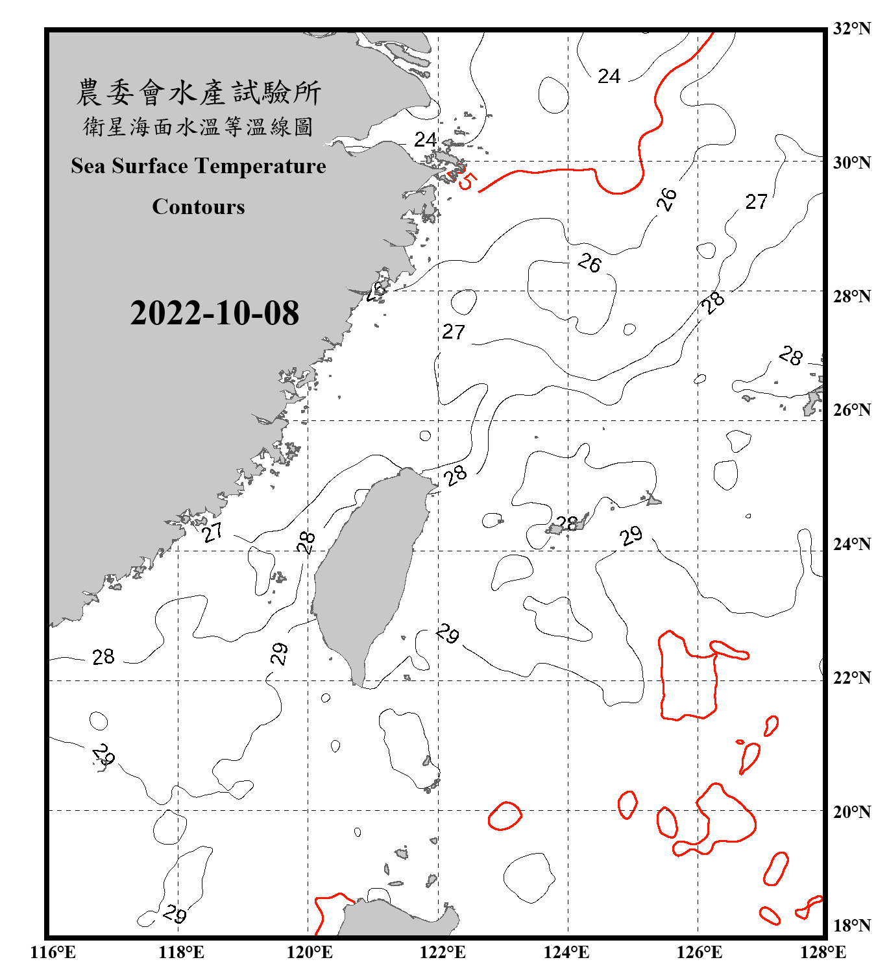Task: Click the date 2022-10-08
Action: (x=214, y=313)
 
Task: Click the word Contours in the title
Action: (x=199, y=206)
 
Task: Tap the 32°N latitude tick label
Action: (x=851, y=29)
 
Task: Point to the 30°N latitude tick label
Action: (x=851, y=163)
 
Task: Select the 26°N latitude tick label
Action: (x=851, y=410)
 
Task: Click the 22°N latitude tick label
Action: (x=851, y=678)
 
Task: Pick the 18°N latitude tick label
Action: (x=851, y=926)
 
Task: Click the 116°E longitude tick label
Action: (x=53, y=952)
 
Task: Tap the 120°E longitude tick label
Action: (x=310, y=952)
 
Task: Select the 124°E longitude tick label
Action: (x=566, y=952)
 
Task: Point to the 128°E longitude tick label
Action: (x=823, y=952)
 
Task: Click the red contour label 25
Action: (x=465, y=178)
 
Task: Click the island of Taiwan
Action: (x=367, y=571)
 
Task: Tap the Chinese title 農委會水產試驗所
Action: (x=199, y=93)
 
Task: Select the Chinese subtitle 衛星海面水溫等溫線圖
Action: (x=198, y=126)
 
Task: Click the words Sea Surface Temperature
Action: (x=199, y=166)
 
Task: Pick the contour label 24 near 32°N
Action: (x=609, y=77)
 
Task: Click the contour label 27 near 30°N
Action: (x=756, y=202)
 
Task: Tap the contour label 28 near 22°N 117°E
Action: (x=103, y=657)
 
